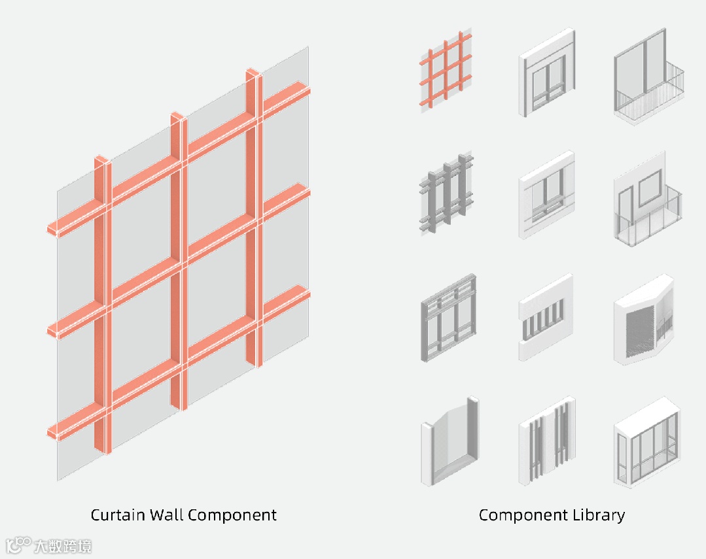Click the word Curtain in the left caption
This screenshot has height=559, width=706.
pos(118,515)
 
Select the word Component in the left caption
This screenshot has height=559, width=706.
pos(232,515)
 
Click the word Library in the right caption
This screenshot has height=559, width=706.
pos(597,515)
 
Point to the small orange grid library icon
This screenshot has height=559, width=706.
pos(446,71)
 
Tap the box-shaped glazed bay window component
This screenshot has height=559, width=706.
pos(646,443)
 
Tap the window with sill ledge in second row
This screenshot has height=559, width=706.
pos(547,196)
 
